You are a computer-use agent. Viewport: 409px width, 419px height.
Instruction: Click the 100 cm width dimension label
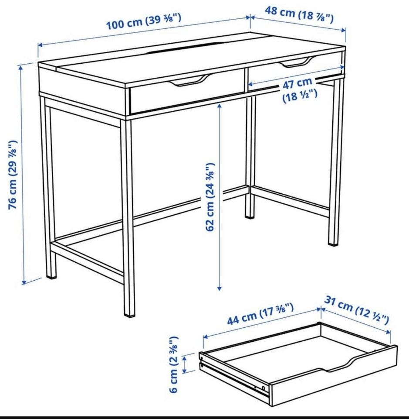(144, 21)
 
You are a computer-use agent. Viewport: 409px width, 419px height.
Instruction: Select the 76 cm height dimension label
(13, 175)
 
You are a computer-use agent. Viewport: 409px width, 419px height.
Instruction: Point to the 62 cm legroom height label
(210, 197)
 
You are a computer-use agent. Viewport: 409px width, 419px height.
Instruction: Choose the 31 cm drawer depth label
(356, 310)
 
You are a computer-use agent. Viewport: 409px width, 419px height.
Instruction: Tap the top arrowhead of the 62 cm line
(220, 106)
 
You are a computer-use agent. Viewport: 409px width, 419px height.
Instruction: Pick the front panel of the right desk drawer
(294, 70)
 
